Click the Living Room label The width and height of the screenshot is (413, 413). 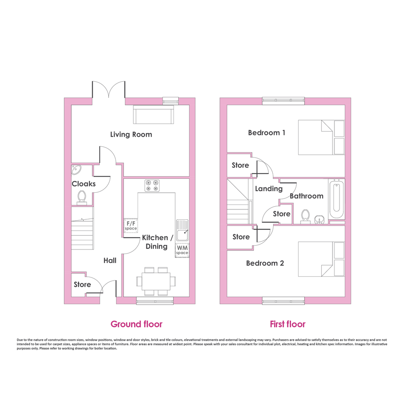click(131, 135)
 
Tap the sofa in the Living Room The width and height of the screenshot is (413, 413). click(154, 114)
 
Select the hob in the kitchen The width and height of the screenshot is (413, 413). click(152, 185)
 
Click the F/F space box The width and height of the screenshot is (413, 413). click(131, 226)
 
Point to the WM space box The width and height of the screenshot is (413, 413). click(182, 250)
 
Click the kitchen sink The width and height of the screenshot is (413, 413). click(182, 230)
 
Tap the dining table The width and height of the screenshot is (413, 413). click(156, 281)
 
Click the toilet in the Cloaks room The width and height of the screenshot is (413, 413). click(82, 198)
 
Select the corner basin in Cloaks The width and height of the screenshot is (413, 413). click(76, 170)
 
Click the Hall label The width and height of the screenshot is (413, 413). click(110, 260)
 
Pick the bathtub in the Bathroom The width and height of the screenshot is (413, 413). click(337, 198)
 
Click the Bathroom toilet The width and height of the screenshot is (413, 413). click(305, 217)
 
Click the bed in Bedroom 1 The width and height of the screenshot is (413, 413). click(321, 137)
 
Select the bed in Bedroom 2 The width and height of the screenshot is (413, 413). click(321, 259)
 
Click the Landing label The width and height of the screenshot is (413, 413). click(269, 189)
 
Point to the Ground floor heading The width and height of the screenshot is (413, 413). click(136, 324)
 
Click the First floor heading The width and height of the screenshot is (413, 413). click(288, 324)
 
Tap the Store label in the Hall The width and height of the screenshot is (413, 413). click(82, 285)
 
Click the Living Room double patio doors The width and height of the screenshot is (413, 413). click(108, 90)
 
